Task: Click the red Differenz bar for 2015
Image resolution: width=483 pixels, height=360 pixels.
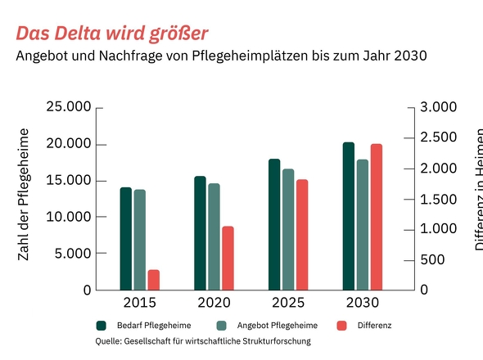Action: [153, 280]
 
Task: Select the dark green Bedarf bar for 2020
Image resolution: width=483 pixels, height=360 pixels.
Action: [200, 233]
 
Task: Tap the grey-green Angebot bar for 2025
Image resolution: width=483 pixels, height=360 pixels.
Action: [288, 229]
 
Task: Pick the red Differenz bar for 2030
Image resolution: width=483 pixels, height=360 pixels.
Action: [376, 217]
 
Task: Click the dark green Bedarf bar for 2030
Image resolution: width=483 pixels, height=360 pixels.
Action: [349, 216]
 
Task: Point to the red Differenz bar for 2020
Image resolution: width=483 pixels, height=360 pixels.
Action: [228, 258]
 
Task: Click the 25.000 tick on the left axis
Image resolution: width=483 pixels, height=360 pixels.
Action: [69, 108]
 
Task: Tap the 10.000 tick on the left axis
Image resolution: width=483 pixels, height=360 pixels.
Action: [69, 217]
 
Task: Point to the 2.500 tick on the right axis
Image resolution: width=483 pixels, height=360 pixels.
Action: [440, 138]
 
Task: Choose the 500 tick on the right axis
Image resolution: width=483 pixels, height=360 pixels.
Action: [434, 259]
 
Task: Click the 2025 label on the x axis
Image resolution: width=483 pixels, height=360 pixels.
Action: [287, 303]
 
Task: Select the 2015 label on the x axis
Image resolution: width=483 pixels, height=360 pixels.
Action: [139, 303]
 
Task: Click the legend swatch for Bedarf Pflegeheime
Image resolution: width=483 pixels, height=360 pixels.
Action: [102, 326]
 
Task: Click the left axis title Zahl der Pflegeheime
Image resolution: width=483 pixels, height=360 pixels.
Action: [24, 195]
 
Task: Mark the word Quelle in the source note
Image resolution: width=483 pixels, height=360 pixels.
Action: [108, 341]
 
